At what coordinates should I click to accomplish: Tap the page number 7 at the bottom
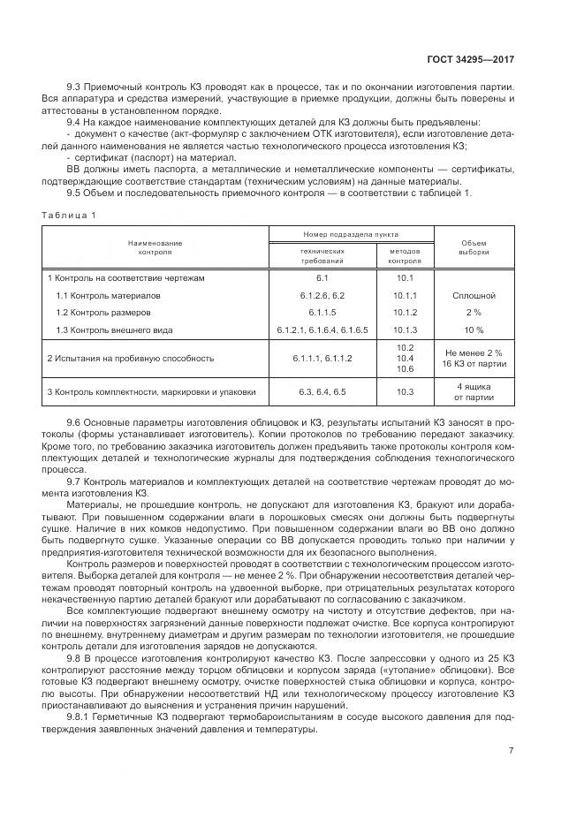pos(512,750)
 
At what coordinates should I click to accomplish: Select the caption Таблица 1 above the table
pos(69,216)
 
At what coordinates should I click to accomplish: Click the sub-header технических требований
pos(322,256)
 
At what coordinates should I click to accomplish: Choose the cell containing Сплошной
pos(473,295)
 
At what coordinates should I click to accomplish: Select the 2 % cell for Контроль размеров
pos(473,313)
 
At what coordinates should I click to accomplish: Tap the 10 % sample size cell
pos(473,330)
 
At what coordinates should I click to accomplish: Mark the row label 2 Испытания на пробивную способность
pos(131,359)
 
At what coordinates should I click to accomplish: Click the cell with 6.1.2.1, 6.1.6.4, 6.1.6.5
pos(322,330)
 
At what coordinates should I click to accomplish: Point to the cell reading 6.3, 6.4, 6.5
pos(322,390)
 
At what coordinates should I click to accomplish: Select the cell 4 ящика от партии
pos(473,390)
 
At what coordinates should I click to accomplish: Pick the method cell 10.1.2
pos(405,313)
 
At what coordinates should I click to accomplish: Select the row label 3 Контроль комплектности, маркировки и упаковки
pos(152,390)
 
